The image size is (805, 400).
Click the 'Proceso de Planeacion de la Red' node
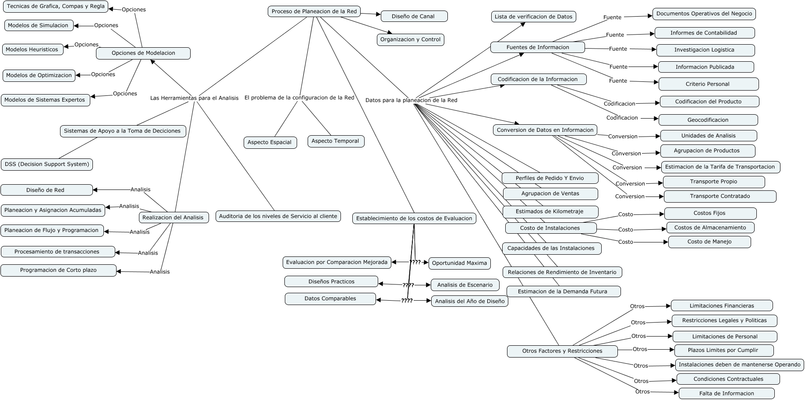[x=314, y=11]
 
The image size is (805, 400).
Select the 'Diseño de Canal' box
[x=414, y=17]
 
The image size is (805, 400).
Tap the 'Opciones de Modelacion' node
[x=143, y=53]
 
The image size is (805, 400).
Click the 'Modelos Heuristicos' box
[x=33, y=49]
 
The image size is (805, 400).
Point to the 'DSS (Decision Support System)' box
[x=47, y=165]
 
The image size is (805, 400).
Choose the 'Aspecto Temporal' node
[x=336, y=141]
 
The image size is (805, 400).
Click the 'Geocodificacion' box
[x=708, y=120]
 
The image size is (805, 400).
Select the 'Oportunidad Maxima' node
[x=459, y=263]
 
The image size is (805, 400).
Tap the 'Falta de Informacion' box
[x=726, y=393]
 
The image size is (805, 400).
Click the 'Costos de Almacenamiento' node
[x=710, y=228]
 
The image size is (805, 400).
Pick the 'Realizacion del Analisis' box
[x=173, y=218]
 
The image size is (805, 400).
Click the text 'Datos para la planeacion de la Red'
[x=411, y=100]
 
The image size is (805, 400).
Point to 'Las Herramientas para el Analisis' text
[x=194, y=98]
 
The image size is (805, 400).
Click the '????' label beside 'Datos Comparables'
[x=407, y=301]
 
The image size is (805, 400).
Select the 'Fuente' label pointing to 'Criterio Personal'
[x=618, y=81]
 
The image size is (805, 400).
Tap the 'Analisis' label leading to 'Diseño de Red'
[x=140, y=189]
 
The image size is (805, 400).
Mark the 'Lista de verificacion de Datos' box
[x=533, y=17]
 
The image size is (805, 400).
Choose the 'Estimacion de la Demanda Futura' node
[x=563, y=291]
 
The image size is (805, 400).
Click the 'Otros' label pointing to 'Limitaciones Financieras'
[x=637, y=306]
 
